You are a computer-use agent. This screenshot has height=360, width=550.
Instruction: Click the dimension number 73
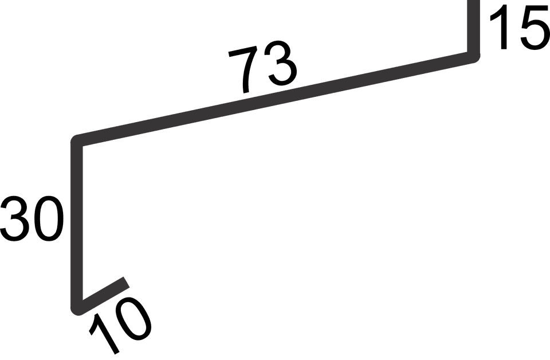tap(263, 68)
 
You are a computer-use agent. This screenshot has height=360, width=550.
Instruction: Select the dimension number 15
tap(520, 27)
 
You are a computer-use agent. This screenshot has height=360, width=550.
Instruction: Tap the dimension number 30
tap(32, 218)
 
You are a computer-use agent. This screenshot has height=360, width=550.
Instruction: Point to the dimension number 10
tap(120, 325)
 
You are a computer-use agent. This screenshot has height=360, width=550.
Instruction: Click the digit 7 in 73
tap(243, 70)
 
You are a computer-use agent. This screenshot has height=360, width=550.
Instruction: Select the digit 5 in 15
tap(535, 28)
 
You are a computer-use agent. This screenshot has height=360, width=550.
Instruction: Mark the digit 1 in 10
tap(104, 333)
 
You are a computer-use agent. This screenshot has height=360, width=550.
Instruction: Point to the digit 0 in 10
tap(134, 319)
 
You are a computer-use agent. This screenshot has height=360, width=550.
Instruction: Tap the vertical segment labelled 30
tap(77, 225)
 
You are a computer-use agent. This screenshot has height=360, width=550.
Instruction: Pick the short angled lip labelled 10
tap(102, 295)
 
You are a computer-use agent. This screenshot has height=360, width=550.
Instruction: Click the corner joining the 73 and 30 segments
tap(77, 140)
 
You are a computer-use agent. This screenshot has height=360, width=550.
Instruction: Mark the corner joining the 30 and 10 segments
tap(77, 309)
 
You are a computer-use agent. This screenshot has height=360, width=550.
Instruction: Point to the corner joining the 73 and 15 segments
tap(474, 57)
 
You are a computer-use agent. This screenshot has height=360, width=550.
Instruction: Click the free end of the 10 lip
tap(127, 282)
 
